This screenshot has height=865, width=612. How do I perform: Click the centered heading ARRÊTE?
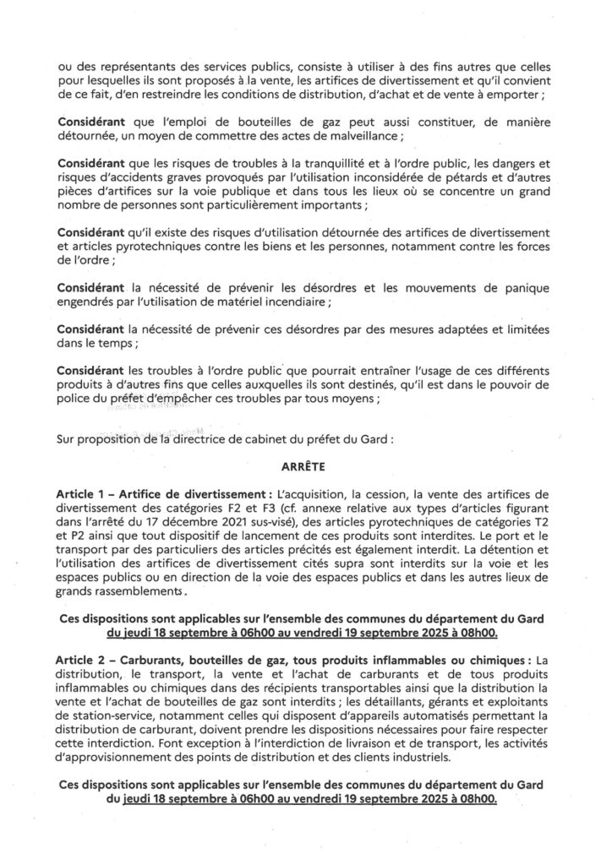pyautogui.click(x=305, y=465)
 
